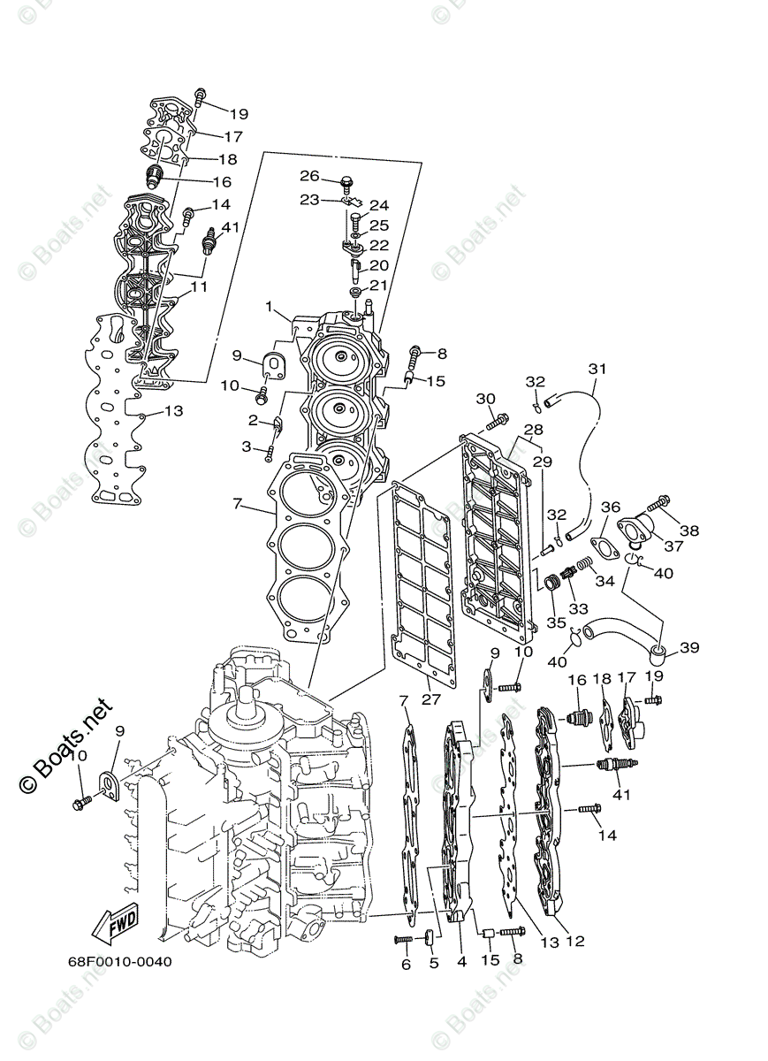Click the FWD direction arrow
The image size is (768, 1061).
pos(112,926)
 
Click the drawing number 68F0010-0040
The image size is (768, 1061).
pos(119,962)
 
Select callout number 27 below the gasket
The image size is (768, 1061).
pos(430,698)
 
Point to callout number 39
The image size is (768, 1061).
pos(689,647)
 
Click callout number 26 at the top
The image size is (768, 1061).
pos(308,175)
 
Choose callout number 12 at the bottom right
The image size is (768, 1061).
pos(575,942)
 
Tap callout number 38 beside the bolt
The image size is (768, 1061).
pos(689,530)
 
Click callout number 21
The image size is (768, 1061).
pos(378,285)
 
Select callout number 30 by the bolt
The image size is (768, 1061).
pos(485,399)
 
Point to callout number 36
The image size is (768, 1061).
pos(611,507)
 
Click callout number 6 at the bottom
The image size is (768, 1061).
pos(407,965)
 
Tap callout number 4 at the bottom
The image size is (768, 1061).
pos(461,961)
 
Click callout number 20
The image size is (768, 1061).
pos(378,265)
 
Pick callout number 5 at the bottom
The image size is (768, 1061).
pos(434,963)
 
